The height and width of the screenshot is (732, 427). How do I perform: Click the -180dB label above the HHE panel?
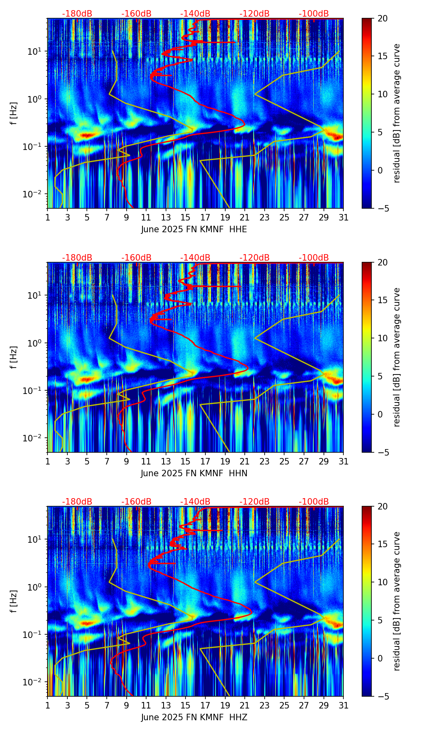77,14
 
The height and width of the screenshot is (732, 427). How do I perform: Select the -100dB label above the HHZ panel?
314,502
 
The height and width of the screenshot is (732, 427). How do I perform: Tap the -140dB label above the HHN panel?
195,258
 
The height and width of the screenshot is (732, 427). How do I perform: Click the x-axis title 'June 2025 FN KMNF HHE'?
194,229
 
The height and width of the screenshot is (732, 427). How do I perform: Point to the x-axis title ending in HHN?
194,473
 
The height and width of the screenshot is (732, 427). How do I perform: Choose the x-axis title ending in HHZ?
194,717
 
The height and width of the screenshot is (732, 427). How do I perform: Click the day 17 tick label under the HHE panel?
205,218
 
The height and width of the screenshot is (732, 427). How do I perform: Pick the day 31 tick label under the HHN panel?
343,462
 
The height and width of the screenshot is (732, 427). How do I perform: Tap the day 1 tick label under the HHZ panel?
47,706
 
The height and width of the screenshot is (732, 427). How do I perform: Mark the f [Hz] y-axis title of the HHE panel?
14,113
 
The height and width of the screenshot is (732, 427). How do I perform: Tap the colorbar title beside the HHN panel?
397,357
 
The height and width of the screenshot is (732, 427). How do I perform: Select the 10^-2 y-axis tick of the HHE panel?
34,194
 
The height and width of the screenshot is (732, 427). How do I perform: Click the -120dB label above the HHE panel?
254,14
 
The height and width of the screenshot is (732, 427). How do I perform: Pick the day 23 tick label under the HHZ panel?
264,706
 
